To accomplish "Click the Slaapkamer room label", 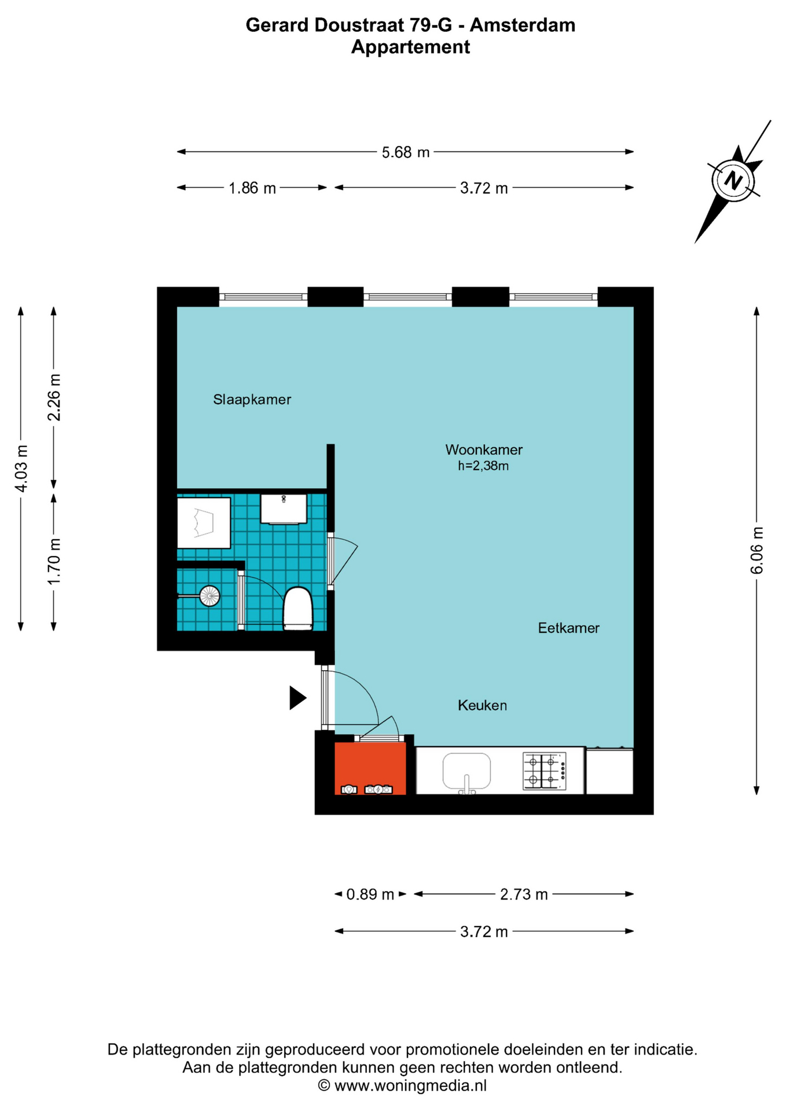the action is tap(252, 400).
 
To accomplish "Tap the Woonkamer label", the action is tap(484, 449).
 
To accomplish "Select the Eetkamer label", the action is tap(568, 628).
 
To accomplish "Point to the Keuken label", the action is tap(482, 705).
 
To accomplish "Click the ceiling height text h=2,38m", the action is tap(483, 466).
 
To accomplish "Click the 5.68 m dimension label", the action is tap(405, 152).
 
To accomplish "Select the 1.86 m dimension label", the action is tap(252, 188).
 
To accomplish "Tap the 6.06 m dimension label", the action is tap(756, 550).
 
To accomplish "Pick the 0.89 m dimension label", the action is tap(370, 894).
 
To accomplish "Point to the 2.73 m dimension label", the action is tap(524, 894).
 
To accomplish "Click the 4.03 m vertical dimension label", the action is tap(21, 469).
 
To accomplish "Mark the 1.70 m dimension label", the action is tap(54, 561).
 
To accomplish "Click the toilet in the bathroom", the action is tap(297, 608).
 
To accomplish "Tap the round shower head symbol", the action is tap(210, 595).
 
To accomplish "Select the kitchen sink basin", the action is tap(467, 771).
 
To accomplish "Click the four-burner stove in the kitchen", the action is tap(544, 771).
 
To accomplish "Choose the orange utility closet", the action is tap(370, 768).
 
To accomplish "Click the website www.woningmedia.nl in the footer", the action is tap(410, 1085).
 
